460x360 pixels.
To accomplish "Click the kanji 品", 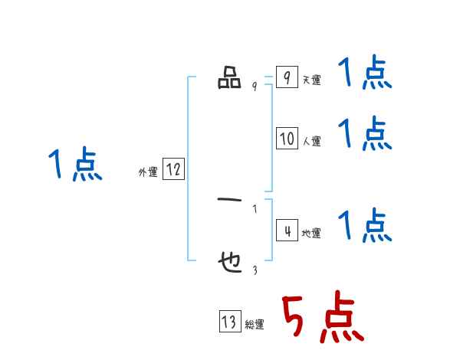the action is point(229,78).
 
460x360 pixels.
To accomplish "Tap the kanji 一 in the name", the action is point(229,202).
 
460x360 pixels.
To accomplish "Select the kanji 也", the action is point(229,263).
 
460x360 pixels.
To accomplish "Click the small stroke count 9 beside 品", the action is point(255,87).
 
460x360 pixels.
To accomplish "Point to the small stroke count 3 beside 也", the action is point(255,270).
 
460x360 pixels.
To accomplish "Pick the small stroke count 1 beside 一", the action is point(255,208).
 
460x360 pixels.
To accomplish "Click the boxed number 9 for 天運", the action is point(286,78).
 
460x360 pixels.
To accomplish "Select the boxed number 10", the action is point(287,139).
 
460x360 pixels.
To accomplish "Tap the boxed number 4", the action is point(287,230).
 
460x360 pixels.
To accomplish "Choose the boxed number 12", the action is point(173,169).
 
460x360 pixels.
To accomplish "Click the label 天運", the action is point(311,80).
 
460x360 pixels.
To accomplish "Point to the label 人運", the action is point(311,142).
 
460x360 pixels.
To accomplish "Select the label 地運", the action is point(311,233).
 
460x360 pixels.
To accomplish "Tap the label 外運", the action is point(147,172).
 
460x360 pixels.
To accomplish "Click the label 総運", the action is point(254,325).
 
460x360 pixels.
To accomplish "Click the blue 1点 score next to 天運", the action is point(364,74).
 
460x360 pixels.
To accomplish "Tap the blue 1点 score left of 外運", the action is point(75,165).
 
